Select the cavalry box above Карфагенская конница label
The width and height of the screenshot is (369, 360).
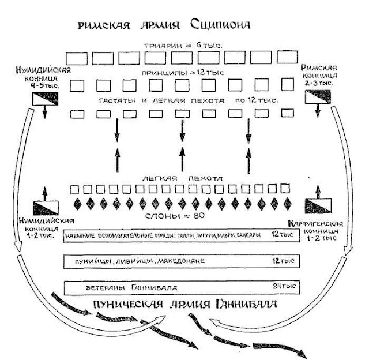tap(316, 204)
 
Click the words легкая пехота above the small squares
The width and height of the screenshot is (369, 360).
tap(183, 178)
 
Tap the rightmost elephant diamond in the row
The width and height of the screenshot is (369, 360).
tap(287, 202)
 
